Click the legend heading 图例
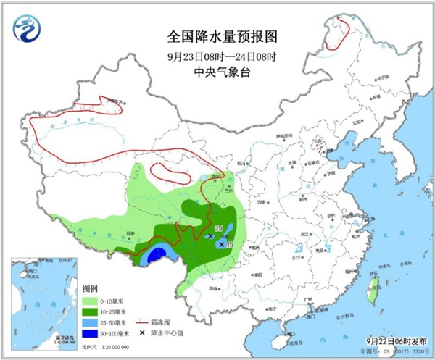tap(91, 288)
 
